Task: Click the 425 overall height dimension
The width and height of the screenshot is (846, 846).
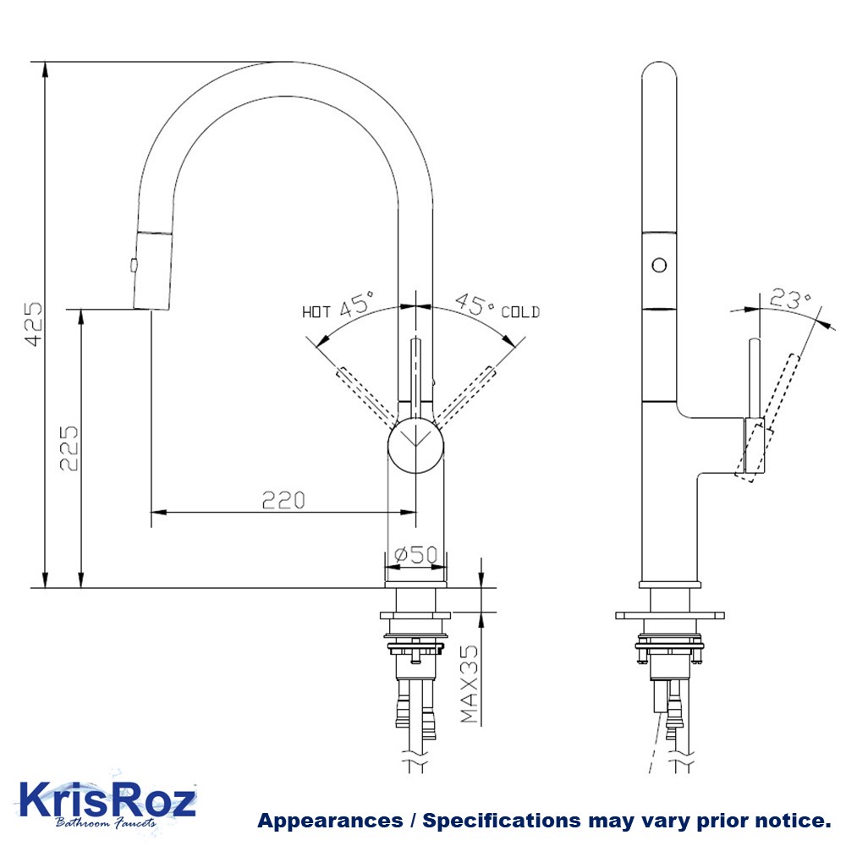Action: (x=33, y=324)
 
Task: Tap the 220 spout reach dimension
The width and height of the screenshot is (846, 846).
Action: (x=282, y=500)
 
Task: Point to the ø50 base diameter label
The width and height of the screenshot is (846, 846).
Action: (x=416, y=555)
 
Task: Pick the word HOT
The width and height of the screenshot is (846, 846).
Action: (x=316, y=312)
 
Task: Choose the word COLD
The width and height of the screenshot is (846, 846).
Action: (x=520, y=312)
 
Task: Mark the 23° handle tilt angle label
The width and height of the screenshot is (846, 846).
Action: (x=790, y=299)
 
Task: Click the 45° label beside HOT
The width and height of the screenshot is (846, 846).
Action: (x=358, y=305)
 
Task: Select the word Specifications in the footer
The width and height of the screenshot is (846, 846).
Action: (x=502, y=821)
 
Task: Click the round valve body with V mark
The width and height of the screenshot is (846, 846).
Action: (x=415, y=442)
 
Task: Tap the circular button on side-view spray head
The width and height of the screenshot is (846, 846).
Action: (x=659, y=264)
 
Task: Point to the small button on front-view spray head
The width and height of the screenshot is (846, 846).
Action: (x=133, y=265)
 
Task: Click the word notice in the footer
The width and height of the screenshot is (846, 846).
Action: (x=794, y=821)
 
